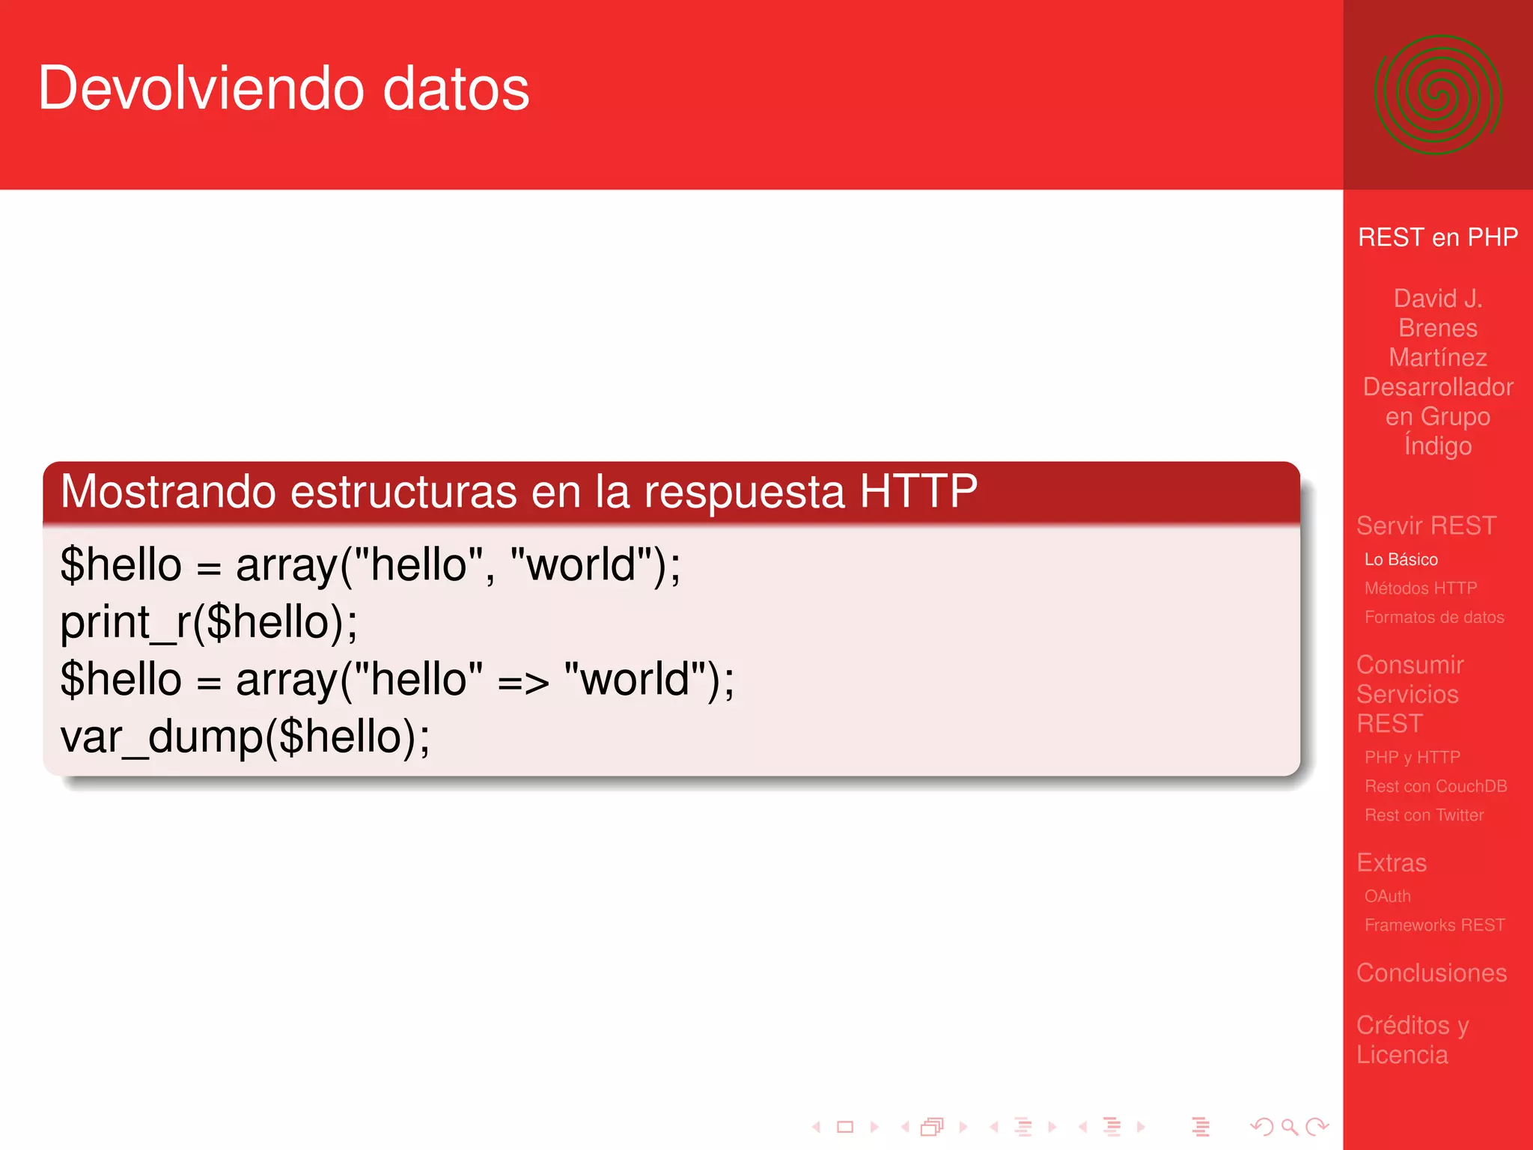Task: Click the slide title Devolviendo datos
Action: [x=284, y=88]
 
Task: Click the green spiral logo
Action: [x=1437, y=95]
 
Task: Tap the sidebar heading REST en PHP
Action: [x=1437, y=237]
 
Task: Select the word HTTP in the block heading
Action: [x=918, y=491]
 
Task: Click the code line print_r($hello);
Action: [x=209, y=622]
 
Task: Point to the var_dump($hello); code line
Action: [x=245, y=737]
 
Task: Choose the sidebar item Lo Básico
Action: [x=1401, y=559]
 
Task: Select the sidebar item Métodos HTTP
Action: [x=1420, y=588]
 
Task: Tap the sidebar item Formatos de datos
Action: [x=1433, y=617]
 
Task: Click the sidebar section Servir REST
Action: [x=1426, y=526]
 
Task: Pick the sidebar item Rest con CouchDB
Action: [x=1435, y=786]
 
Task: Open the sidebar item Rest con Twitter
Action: [x=1424, y=815]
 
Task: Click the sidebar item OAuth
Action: [x=1387, y=896]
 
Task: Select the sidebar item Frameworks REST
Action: [x=1434, y=925]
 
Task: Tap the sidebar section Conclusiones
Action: [x=1431, y=973]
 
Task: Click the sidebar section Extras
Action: [x=1392, y=862]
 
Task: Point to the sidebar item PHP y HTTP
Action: [x=1412, y=757]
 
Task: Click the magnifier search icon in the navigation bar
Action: [x=1289, y=1126]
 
